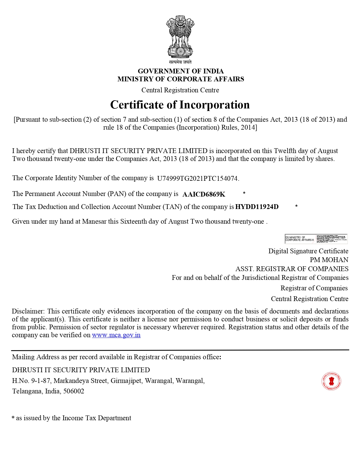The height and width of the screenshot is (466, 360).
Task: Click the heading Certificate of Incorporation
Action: click(x=180, y=105)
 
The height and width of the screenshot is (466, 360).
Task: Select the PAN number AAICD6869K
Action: click(x=204, y=194)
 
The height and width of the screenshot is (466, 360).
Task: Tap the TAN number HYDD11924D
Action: click(x=257, y=207)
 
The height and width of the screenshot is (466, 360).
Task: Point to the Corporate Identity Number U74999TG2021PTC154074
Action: click(x=198, y=178)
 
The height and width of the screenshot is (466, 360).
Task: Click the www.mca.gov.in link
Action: click(x=116, y=335)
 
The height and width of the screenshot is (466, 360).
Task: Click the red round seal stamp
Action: click(x=331, y=381)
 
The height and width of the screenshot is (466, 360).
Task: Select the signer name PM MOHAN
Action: click(x=329, y=260)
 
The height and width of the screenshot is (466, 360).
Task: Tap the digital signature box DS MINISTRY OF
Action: click(x=316, y=239)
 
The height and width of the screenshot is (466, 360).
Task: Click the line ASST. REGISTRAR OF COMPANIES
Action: click(x=292, y=269)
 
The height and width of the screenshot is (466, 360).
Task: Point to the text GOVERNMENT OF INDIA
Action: click(x=180, y=71)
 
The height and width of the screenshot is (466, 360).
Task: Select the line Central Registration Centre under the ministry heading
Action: click(x=180, y=90)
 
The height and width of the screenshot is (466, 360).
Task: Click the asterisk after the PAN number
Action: click(x=244, y=193)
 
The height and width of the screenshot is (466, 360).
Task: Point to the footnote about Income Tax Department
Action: click(x=71, y=418)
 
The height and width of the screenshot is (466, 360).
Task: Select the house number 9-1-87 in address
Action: click(x=41, y=381)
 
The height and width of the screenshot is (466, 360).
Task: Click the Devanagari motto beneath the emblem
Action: click(x=180, y=62)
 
